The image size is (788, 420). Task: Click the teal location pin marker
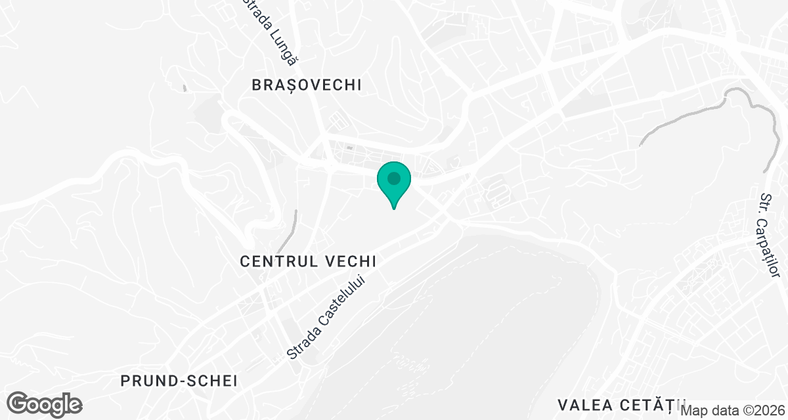coord(394,182)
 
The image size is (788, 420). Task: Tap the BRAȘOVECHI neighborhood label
coord(307,85)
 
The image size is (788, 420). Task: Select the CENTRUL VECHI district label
coord(308,261)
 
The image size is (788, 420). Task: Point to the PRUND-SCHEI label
coord(178,381)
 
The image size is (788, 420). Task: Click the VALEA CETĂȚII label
coord(621,403)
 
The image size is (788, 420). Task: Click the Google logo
coord(45,404)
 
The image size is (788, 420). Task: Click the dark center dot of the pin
coord(394,178)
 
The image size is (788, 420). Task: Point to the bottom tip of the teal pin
coord(394,208)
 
